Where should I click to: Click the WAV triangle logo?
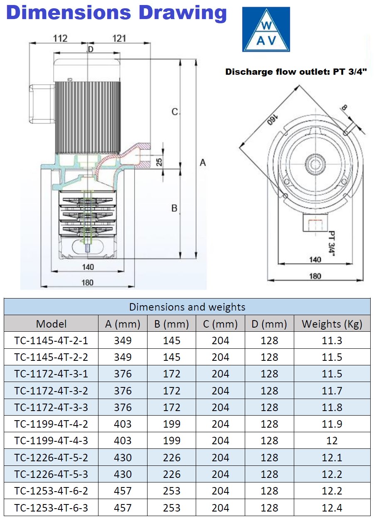point(266,29)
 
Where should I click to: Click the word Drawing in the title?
point(183,13)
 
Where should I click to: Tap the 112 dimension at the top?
point(60,39)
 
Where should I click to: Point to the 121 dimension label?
point(119,39)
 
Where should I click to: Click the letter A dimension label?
point(203,162)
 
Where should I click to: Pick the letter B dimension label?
point(175,208)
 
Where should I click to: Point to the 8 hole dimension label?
point(344,108)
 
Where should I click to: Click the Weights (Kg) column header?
point(332,324)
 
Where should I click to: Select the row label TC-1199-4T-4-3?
point(51,441)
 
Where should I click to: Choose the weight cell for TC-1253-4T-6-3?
point(332,508)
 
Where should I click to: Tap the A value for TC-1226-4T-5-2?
point(123,458)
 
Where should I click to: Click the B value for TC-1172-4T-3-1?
point(172,374)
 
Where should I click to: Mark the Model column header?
point(51,324)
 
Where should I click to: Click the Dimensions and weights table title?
point(187,307)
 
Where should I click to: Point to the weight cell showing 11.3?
point(332,340)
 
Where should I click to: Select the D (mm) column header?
point(269,324)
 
